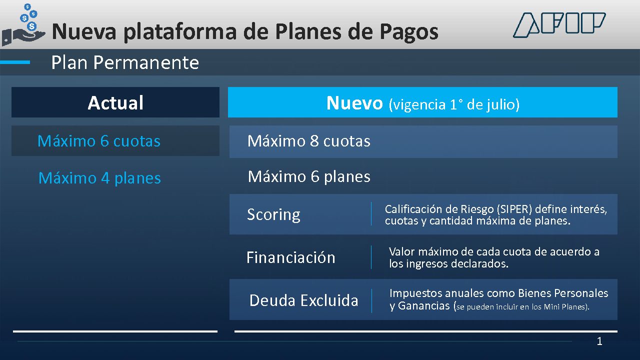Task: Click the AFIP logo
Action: [x=559, y=25]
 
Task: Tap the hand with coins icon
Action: [x=23, y=25]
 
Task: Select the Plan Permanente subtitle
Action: [x=125, y=62]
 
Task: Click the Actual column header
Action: [x=115, y=102]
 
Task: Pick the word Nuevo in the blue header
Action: [x=354, y=103]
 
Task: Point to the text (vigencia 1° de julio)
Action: [x=454, y=104]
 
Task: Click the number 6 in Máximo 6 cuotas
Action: [x=104, y=141]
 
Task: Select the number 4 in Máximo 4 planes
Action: [x=105, y=178]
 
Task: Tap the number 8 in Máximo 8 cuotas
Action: [x=314, y=141]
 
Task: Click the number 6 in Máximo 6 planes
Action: [x=315, y=176]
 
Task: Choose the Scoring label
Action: [x=273, y=215]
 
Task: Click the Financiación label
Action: [x=290, y=257]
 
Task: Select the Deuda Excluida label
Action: [x=303, y=300]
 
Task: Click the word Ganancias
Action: [x=423, y=306]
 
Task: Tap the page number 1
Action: [x=599, y=341]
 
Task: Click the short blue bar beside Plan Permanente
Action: [x=15, y=62]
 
